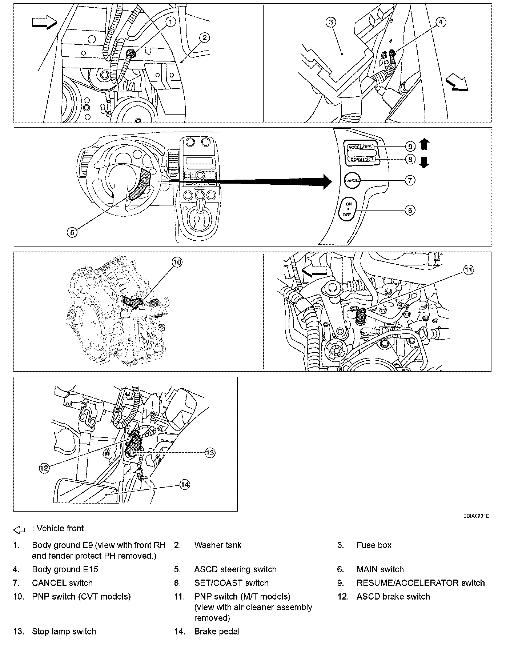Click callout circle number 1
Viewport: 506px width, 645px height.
170,22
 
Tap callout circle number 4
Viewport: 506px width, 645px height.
440,22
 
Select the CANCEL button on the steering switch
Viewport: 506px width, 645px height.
352,180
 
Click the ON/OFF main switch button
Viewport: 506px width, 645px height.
348,209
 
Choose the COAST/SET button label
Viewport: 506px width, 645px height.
362,159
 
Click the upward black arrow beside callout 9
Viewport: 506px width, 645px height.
424,144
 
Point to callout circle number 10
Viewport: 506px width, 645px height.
177,262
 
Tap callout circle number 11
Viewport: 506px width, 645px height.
469,270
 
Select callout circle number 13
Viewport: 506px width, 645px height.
210,453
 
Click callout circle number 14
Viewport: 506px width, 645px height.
185,484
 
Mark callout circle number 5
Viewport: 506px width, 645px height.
72,232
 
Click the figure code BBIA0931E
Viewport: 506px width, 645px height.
476,516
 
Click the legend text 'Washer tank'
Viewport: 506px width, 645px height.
218,545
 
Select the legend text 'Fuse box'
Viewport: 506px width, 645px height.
374,545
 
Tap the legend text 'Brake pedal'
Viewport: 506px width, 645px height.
217,632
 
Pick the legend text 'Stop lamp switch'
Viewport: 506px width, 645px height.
64,632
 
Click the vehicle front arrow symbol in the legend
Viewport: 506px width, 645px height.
19,530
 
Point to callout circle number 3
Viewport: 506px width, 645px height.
330,22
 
